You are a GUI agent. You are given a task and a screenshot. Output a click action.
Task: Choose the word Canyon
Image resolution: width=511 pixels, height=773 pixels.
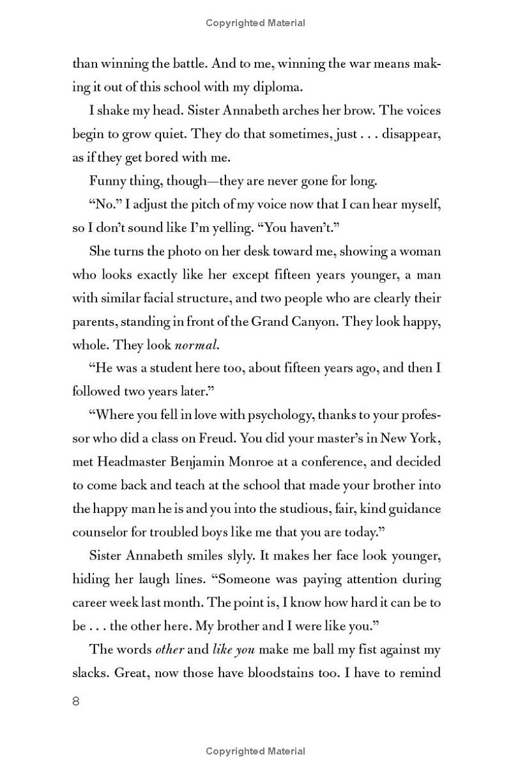[315, 321]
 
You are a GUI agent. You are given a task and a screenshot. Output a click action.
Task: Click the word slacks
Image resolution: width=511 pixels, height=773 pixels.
[90, 673]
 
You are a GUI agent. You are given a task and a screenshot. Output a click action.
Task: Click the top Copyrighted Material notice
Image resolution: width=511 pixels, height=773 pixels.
[256, 23]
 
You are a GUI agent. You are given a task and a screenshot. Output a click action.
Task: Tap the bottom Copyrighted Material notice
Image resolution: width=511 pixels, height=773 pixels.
[256, 751]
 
